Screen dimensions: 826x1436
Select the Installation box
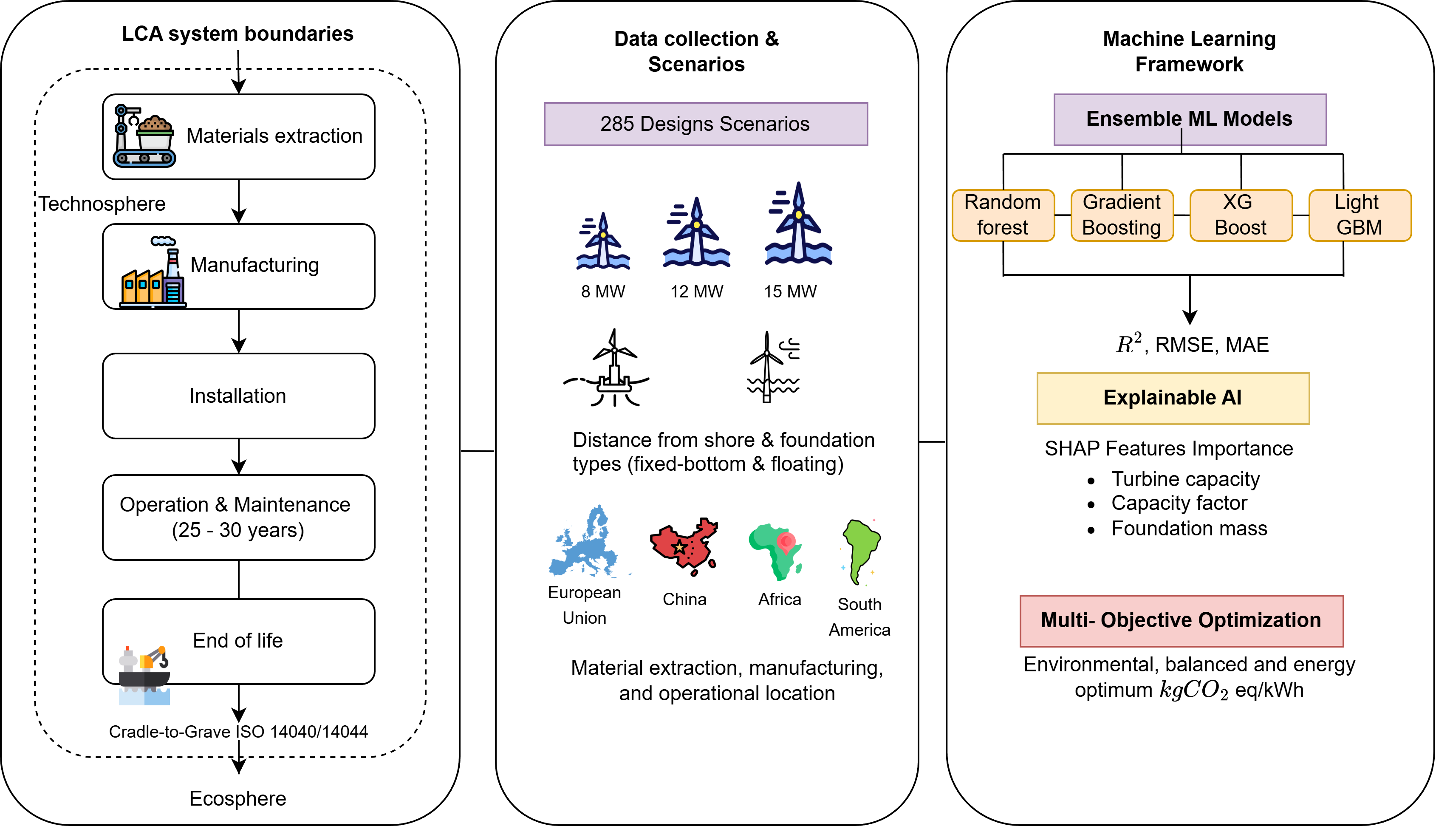point(238,396)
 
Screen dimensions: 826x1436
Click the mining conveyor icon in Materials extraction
point(144,136)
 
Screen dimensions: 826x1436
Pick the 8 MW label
point(602,291)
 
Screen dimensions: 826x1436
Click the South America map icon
point(860,551)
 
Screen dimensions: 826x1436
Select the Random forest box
point(1003,215)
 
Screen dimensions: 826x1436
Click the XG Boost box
point(1240,215)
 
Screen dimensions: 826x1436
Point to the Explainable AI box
point(1172,398)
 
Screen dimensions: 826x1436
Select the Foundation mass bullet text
point(1189,529)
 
